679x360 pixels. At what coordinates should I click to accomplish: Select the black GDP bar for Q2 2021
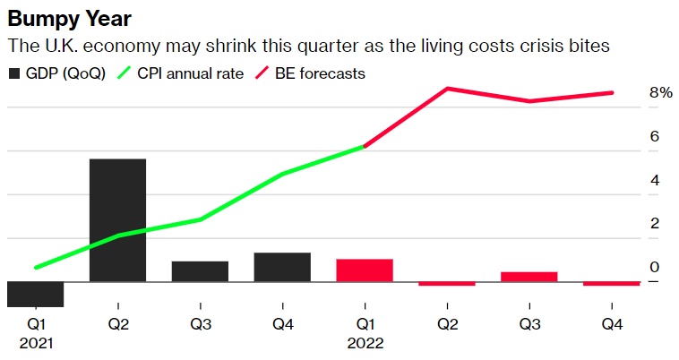tap(117, 220)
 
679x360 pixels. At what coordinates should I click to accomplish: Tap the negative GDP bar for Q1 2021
tap(35, 294)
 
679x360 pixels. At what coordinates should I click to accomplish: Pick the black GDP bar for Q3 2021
tap(200, 271)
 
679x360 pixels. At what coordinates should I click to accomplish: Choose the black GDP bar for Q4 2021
tap(282, 267)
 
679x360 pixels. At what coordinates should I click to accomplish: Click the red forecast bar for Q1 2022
tap(365, 270)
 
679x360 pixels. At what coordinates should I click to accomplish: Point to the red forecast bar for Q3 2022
tap(529, 277)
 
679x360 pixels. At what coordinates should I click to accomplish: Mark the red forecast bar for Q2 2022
tap(447, 284)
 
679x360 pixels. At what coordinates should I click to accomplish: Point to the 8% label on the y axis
tap(660, 93)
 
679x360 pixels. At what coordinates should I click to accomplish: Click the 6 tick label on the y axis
tap(655, 136)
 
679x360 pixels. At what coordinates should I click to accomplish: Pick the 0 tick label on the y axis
tap(655, 267)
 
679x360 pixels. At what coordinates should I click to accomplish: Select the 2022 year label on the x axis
tap(365, 343)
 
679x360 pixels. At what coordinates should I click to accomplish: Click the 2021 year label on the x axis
tap(35, 343)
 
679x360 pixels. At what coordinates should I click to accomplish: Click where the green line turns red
tap(365, 146)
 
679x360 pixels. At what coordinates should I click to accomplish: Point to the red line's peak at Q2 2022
tap(447, 89)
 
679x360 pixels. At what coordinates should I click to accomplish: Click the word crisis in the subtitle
tap(484, 45)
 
